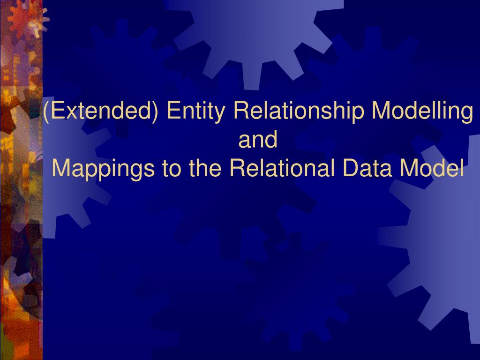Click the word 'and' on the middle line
click(x=258, y=140)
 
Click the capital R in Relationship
click(x=239, y=112)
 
